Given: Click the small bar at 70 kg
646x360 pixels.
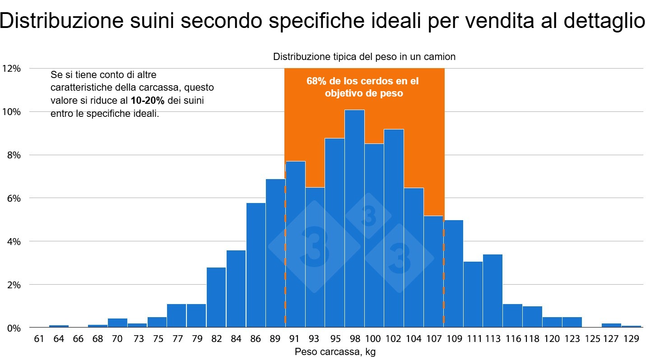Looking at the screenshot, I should pyautogui.click(x=117, y=323).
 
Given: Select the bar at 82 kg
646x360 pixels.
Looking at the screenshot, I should pyautogui.click(x=216, y=297).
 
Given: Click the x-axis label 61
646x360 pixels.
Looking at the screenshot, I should pyautogui.click(x=39, y=339).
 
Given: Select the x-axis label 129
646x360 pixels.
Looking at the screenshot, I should pyautogui.click(x=631, y=339).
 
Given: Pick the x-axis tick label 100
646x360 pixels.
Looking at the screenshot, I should pyautogui.click(x=374, y=339).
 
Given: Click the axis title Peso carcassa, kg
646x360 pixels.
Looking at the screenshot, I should pyautogui.click(x=335, y=352).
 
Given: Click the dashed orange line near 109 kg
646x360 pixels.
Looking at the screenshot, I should pyautogui.click(x=444, y=271).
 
